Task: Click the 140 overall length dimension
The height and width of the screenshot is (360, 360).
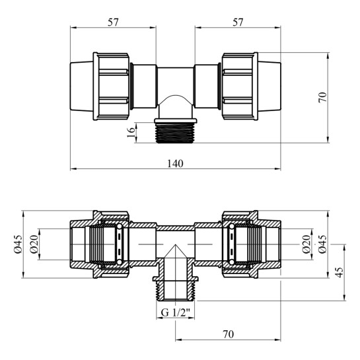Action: click(x=175, y=164)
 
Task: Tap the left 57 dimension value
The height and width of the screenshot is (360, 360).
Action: click(x=113, y=22)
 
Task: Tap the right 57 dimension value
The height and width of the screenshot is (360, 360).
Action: click(x=238, y=22)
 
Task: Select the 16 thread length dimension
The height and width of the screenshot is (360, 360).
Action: click(x=131, y=133)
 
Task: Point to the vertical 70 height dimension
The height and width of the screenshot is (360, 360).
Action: click(x=322, y=97)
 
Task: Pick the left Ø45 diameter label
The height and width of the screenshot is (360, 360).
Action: click(x=18, y=244)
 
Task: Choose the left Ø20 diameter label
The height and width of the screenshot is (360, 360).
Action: click(x=34, y=244)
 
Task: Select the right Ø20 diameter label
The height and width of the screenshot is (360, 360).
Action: click(x=306, y=244)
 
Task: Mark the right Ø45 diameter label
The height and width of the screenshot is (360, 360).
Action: click(x=322, y=244)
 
